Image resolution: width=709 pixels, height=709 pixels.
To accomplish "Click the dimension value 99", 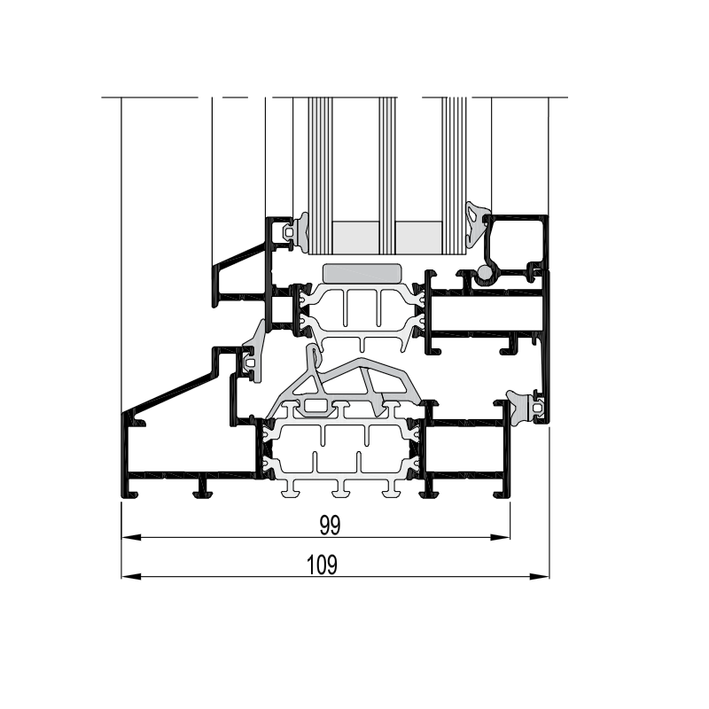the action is [x=330, y=525].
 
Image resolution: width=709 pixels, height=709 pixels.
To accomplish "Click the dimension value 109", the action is [x=322, y=565].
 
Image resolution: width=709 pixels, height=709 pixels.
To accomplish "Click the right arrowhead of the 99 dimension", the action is [x=501, y=538].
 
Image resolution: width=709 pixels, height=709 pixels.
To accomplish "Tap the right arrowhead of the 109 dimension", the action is [x=540, y=577].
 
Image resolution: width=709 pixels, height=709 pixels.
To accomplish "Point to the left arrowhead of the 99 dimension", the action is [x=131, y=538].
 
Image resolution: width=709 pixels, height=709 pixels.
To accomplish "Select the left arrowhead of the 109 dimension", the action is [x=131, y=577].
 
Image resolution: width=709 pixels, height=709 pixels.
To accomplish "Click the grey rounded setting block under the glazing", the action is [x=362, y=274].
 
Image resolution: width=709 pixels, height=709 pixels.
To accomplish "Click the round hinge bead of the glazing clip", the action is [x=484, y=272].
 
